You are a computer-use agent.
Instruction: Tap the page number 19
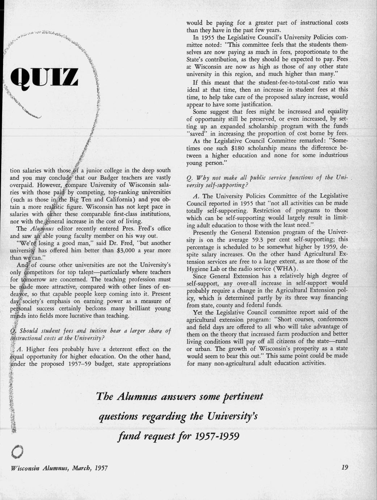tap(344, 468)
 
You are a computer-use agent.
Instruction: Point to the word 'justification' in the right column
tap(250, 104)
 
